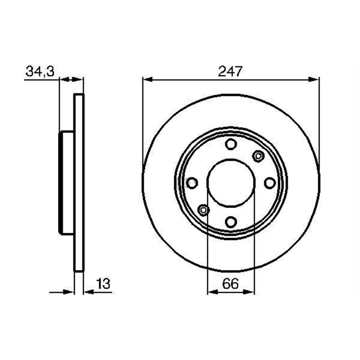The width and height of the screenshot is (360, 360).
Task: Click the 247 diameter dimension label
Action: [x=230, y=71]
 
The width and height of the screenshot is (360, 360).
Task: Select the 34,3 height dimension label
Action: [x=40, y=71]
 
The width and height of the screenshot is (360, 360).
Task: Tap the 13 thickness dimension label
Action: [x=103, y=284]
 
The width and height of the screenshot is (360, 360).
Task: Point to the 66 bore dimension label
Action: [x=230, y=284]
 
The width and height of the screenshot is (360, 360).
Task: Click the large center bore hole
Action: [x=231, y=183]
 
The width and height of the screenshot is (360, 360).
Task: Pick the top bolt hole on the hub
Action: [x=231, y=144]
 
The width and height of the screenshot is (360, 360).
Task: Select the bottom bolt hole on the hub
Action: [x=231, y=222]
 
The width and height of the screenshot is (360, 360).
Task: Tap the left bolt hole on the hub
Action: [x=192, y=183]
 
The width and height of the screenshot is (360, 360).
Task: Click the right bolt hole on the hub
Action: [x=270, y=183]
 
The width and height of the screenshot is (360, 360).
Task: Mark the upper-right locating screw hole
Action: [x=258, y=156]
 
